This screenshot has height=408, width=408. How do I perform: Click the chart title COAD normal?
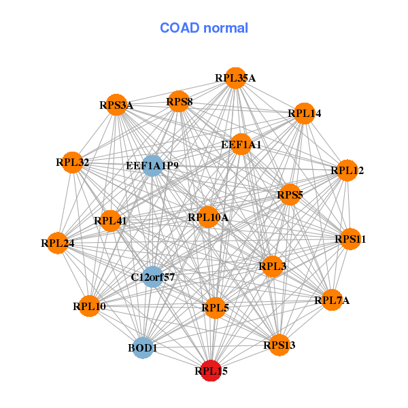pos(204,28)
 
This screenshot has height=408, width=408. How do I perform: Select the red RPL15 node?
pos(211,371)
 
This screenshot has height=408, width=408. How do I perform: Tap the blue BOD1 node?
pos(143,347)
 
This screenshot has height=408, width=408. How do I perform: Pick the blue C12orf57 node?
pos(153,277)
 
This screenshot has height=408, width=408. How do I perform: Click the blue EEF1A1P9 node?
pos(152,165)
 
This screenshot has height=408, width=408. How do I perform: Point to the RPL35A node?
pos(235,78)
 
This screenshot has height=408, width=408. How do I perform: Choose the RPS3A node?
pos(117,105)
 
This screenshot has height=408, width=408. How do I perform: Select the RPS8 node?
pos(180,102)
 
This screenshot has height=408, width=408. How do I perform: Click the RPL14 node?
pos(303,114)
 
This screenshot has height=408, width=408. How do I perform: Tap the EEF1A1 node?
pos(241,144)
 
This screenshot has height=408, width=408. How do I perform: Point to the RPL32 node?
pos(72,163)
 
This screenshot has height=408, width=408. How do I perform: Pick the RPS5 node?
pos(290,195)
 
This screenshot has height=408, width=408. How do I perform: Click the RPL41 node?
pos(111,220)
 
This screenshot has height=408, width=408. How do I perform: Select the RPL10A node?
pos(208,218)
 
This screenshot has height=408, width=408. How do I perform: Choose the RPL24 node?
pos(58,242)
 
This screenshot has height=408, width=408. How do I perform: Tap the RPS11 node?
pos(350,239)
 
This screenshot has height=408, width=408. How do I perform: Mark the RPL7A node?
pos(331,300)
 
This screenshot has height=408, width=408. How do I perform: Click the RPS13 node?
pos(279,345)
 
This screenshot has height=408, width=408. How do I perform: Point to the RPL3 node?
pos(272,267)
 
